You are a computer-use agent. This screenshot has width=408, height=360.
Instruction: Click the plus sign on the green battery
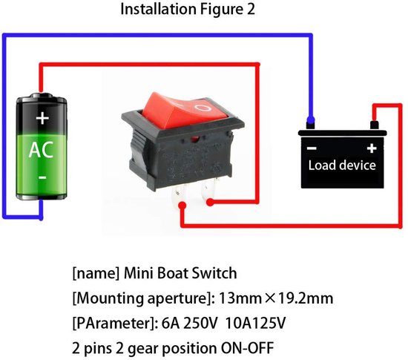[x=42, y=118]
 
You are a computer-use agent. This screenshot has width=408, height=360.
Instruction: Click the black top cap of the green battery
[x=43, y=98]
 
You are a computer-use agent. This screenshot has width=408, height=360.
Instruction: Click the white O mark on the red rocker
[x=203, y=108]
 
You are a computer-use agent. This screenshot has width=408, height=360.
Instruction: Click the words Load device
[x=342, y=165]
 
